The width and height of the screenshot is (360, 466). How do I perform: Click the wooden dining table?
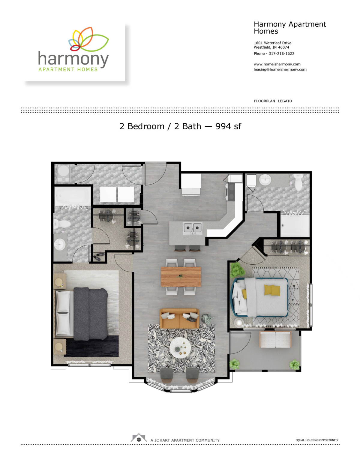(x=181, y=277)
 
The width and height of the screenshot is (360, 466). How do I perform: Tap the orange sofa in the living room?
(x=179, y=318)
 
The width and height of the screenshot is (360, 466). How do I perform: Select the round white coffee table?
(x=180, y=347)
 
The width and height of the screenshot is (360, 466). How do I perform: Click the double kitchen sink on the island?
(x=193, y=228)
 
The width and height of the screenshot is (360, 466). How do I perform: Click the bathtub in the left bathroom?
(x=73, y=197)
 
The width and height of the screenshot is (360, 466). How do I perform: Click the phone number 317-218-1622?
(x=281, y=54)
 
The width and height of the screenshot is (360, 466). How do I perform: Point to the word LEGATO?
(x=285, y=101)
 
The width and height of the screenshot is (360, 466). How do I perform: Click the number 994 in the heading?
(x=223, y=126)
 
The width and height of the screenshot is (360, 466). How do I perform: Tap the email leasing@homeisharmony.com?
(x=280, y=70)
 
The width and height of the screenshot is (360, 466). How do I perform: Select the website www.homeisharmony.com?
(x=277, y=64)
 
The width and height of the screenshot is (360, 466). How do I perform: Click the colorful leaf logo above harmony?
(x=88, y=39)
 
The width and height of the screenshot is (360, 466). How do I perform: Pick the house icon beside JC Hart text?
(x=139, y=438)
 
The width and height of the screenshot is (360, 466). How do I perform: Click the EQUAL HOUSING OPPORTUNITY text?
(x=317, y=440)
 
